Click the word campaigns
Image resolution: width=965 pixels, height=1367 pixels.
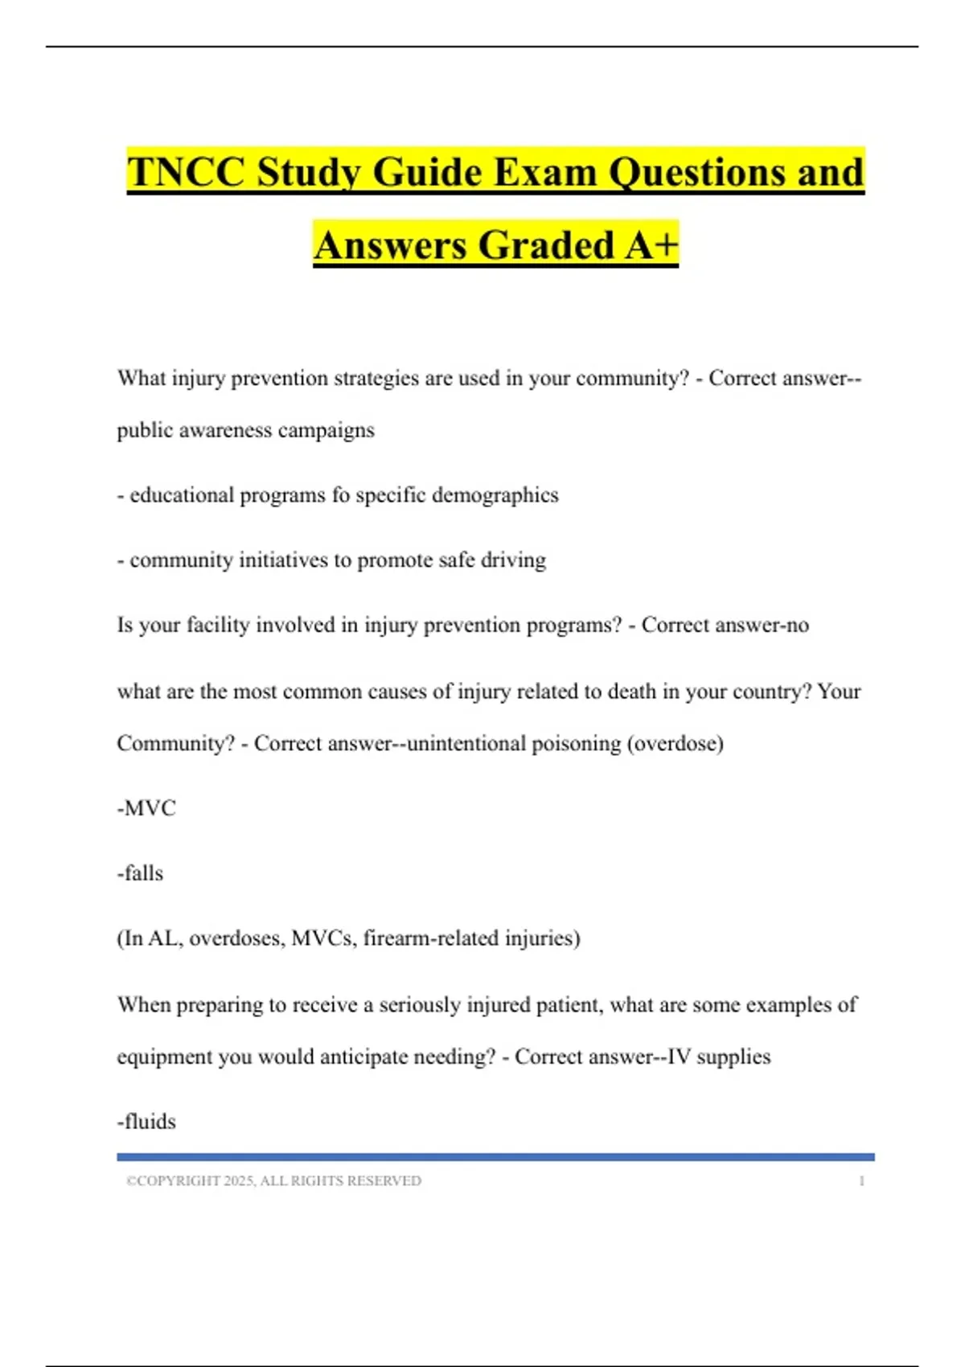coord(326,430)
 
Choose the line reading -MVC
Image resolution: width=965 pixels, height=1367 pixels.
coord(146,808)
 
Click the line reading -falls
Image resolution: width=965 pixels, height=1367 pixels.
coord(140,873)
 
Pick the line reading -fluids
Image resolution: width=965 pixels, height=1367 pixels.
coord(146,1122)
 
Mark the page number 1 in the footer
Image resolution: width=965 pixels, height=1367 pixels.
coord(861,1181)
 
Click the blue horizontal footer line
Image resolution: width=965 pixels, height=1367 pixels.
coord(495,1157)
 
